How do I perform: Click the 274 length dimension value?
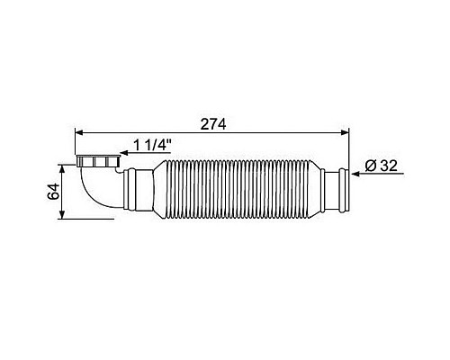213,124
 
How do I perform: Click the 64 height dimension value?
54,192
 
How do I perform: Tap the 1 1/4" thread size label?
152,146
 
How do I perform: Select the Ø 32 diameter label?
381,166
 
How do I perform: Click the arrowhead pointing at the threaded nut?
124,153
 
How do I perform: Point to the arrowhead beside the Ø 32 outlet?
356,174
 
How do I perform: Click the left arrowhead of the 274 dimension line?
79,132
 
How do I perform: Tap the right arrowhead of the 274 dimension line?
345,132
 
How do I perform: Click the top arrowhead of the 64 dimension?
62,169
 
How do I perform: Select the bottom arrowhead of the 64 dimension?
62,215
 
